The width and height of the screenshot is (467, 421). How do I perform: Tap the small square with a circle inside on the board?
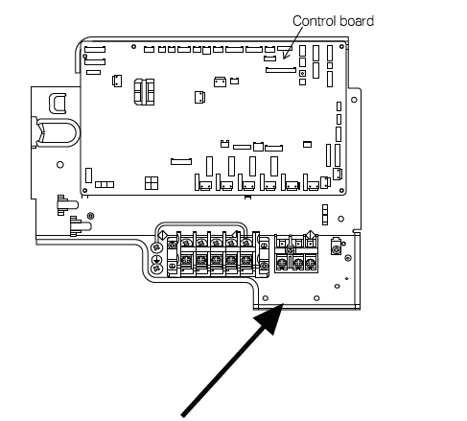coord(303,73)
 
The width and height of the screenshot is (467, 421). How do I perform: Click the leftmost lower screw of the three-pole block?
coord(284,262)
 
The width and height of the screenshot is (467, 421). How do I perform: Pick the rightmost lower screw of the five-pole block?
coord(247,261)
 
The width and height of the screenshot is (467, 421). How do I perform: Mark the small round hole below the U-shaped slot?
coord(60,165)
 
